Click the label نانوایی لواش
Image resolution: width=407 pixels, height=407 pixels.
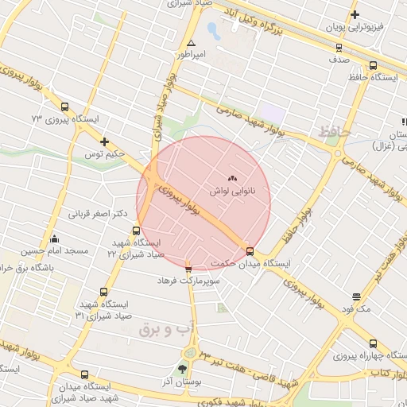(232, 192)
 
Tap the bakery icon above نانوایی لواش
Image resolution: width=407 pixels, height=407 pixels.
(232, 180)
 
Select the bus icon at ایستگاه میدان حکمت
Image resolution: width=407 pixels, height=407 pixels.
(250, 251)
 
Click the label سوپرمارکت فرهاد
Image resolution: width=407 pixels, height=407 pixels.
(187, 281)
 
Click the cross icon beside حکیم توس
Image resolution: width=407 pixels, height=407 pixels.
(104, 141)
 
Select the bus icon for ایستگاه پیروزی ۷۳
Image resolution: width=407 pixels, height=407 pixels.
(64, 107)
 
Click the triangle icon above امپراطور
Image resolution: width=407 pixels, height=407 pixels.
(191, 43)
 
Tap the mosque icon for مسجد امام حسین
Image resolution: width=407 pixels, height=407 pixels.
(54, 238)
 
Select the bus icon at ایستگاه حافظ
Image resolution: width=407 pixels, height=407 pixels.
(373, 66)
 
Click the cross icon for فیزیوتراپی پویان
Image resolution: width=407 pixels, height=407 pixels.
(355, 14)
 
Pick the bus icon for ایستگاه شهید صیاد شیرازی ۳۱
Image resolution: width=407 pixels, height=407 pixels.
(103, 293)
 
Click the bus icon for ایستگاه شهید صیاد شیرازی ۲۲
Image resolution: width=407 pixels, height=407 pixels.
(136, 231)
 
